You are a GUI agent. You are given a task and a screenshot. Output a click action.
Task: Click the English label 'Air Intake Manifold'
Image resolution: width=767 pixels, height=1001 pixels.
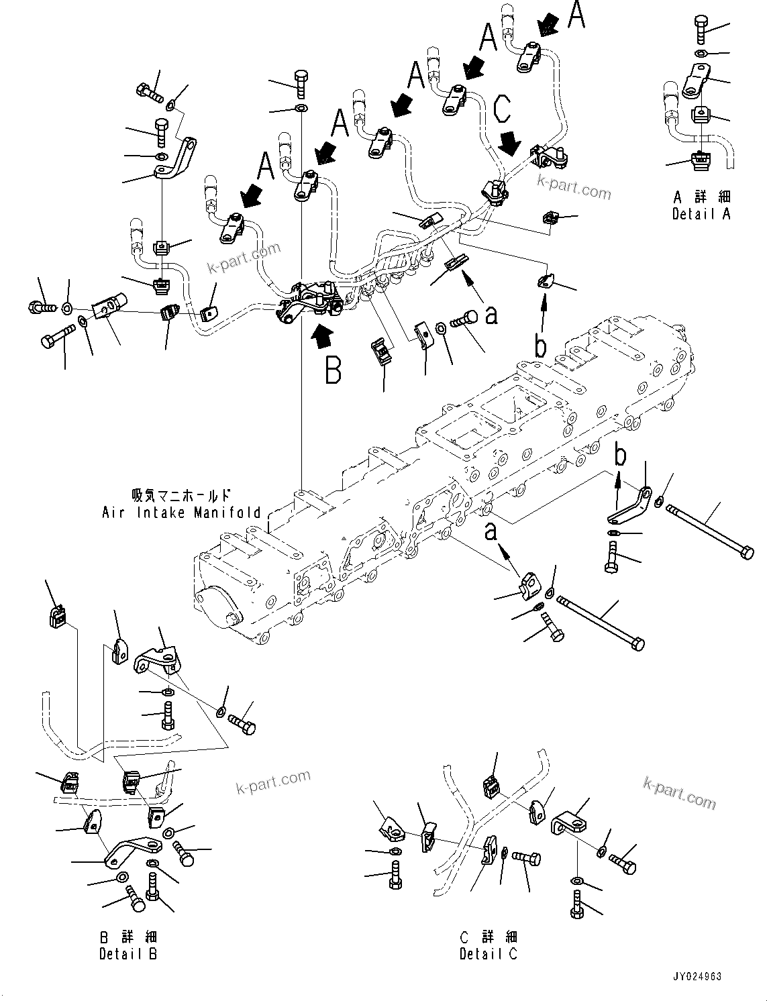(181, 513)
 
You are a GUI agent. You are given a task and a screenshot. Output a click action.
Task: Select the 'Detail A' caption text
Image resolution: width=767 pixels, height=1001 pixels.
(701, 214)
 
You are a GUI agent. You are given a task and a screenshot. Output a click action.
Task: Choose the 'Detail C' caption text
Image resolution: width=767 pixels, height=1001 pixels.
(489, 953)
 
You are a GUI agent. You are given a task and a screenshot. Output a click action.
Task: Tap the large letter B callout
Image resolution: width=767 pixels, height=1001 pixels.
(334, 370)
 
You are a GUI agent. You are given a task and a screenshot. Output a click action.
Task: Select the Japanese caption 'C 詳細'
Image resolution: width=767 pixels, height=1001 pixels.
(489, 937)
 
